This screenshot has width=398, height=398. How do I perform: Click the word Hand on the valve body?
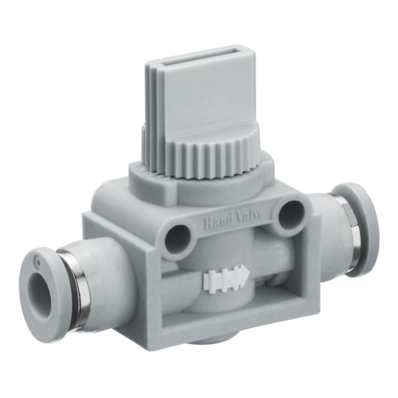(x=218, y=219)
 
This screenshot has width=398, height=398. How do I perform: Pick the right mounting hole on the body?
(x=292, y=213)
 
